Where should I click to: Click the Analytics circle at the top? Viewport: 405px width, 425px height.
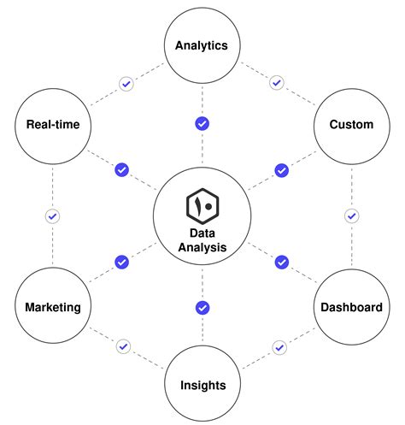[x=202, y=45]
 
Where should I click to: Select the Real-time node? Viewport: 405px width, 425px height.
[x=52, y=125]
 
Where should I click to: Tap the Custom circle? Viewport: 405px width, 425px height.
[x=351, y=125]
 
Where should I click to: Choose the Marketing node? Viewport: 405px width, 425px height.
[x=52, y=306]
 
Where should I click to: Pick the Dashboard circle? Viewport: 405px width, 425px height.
[x=351, y=306]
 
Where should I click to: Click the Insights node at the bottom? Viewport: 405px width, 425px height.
[x=202, y=384]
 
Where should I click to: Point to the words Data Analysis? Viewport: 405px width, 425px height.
[x=202, y=239]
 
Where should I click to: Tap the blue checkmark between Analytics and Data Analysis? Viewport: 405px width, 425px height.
[x=202, y=123]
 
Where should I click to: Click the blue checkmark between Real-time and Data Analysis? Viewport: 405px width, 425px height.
[x=121, y=170]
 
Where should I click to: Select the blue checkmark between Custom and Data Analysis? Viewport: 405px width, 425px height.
[x=281, y=170]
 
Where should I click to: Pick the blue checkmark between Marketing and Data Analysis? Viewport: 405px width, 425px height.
[x=121, y=261]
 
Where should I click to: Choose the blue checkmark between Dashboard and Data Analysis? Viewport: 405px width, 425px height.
[x=281, y=262]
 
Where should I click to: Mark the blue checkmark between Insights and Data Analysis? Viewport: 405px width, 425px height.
[x=202, y=307]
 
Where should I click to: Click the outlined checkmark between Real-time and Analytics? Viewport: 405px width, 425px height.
[x=126, y=84]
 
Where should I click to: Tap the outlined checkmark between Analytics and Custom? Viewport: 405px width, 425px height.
[x=276, y=83]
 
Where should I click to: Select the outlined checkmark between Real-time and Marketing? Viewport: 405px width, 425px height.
[x=52, y=216]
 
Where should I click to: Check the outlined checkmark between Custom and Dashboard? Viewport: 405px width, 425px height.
[x=350, y=216]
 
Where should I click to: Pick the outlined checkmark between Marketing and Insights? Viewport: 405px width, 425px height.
[x=124, y=346]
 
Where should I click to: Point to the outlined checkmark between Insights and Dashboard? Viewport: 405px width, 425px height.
[x=279, y=347]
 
